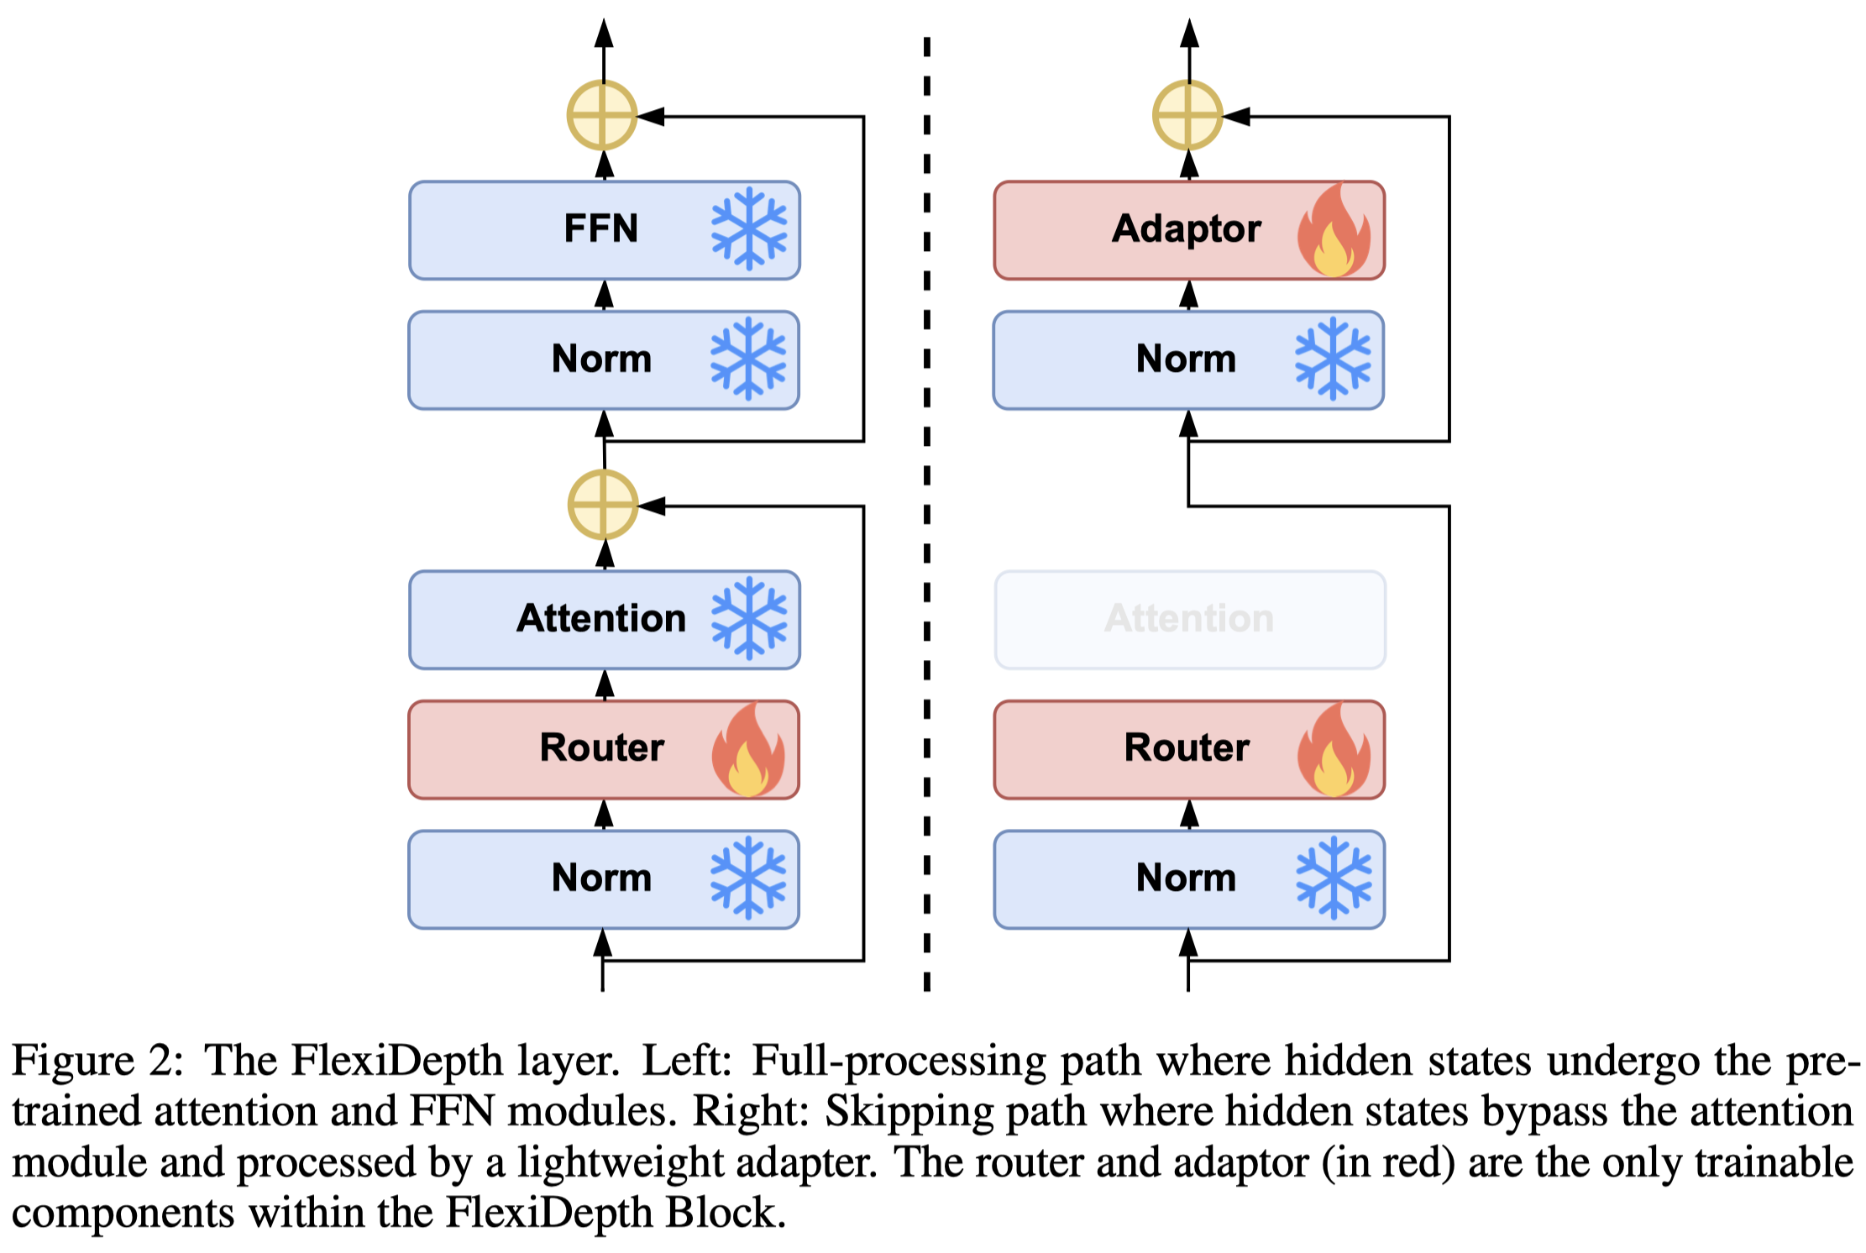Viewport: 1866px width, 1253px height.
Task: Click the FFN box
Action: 605,230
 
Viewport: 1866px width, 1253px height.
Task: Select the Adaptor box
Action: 1189,230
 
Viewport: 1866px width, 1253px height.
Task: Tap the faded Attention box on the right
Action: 1190,620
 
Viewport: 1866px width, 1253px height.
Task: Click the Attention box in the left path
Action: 605,620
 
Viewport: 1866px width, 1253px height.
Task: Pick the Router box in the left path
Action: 604,749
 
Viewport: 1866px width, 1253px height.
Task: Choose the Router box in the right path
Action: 1189,749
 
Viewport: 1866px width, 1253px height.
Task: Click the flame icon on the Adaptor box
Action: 1334,230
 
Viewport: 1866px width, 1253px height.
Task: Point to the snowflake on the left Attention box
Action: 749,619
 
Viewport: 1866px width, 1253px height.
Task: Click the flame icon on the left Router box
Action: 748,750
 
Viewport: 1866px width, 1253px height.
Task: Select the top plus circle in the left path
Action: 603,116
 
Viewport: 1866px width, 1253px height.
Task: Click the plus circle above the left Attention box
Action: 603,505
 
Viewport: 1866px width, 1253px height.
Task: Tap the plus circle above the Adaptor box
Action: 1187,116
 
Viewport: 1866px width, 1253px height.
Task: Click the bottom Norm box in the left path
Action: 604,879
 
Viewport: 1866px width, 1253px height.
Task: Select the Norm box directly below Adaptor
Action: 1188,360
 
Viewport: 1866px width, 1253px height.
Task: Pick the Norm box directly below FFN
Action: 604,360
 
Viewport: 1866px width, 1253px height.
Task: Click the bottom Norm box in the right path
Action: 1189,879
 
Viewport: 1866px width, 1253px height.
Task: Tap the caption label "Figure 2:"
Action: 97,1061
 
